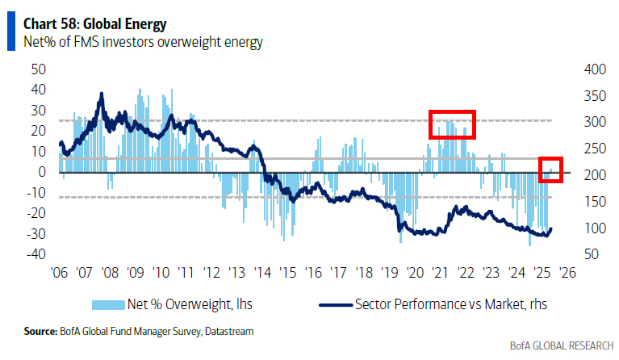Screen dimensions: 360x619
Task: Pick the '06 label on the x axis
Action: (x=57, y=272)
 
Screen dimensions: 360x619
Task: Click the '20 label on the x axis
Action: (x=415, y=272)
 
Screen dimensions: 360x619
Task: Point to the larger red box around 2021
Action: (x=452, y=123)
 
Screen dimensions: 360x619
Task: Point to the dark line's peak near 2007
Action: (x=101, y=94)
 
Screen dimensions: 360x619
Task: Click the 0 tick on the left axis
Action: (x=40, y=172)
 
